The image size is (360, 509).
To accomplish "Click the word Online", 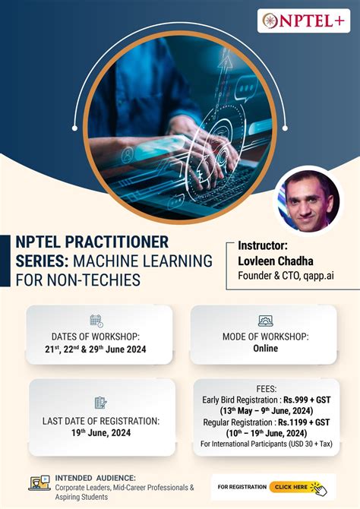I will click(266, 349).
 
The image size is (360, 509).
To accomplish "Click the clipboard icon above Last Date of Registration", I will click(100, 403).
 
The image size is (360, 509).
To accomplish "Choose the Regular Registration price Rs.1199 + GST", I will click(308, 421).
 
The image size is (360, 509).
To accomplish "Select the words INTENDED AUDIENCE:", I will click(96, 478).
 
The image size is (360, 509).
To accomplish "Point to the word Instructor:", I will click(263, 245).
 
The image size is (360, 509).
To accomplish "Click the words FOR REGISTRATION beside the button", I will click(242, 486).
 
